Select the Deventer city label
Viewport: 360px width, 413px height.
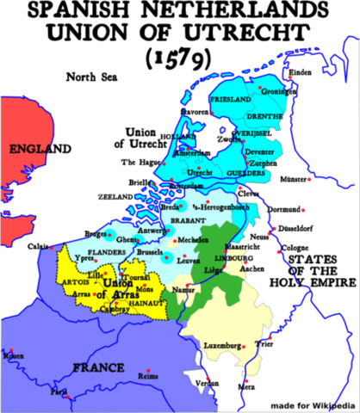click(x=259, y=152)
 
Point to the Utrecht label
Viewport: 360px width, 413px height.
click(x=211, y=173)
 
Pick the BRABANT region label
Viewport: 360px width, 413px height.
click(x=188, y=221)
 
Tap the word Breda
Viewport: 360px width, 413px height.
click(x=170, y=207)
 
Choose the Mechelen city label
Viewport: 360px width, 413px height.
click(x=193, y=240)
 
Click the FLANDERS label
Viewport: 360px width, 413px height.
click(x=107, y=253)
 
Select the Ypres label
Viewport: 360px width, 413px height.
click(x=84, y=258)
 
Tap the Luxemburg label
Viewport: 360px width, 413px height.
click(x=221, y=346)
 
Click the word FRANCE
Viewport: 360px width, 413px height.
click(x=98, y=367)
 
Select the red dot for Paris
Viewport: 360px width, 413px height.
click(x=68, y=397)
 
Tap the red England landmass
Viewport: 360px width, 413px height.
click(x=22, y=172)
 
